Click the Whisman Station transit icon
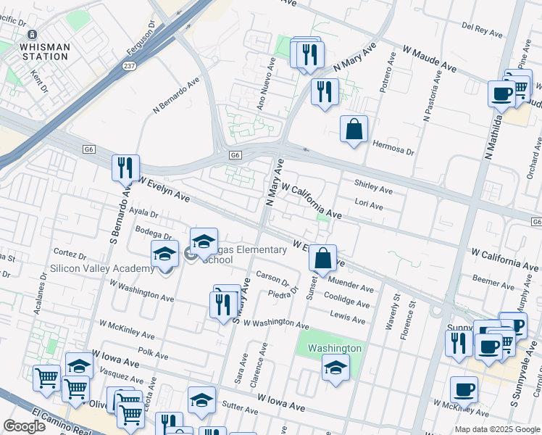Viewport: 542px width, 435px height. tap(32, 35)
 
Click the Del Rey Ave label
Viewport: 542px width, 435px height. tap(482, 30)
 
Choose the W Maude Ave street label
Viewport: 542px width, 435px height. tap(430, 60)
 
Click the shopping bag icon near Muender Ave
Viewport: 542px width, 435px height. tap(322, 257)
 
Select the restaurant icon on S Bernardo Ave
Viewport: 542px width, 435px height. tap(125, 168)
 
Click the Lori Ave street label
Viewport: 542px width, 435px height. tap(369, 205)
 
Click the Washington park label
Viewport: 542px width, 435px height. tap(334, 348)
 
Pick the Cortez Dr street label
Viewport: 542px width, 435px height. tap(70, 255)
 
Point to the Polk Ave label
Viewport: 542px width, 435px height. tap(153, 354)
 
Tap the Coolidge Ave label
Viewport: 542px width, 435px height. tap(350, 299)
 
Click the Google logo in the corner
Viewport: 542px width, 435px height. tap(25, 426)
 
